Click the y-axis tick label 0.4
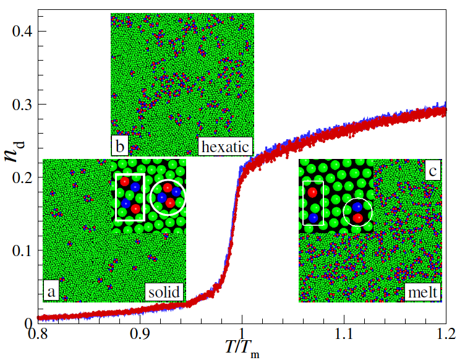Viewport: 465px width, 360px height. click(x=23, y=31)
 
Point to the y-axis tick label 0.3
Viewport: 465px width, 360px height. click(x=23, y=104)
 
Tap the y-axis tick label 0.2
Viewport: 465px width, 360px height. click(x=23, y=177)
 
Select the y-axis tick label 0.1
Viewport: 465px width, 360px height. click(x=23, y=250)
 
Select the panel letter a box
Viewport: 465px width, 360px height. click(x=51, y=291)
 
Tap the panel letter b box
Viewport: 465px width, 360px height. click(x=119, y=147)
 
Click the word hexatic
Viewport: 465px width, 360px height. click(x=224, y=147)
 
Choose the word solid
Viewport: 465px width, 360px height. click(x=164, y=291)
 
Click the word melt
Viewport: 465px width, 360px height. click(x=422, y=291)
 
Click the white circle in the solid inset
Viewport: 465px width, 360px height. click(x=168, y=197)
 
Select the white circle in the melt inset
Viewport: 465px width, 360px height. click(x=357, y=212)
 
